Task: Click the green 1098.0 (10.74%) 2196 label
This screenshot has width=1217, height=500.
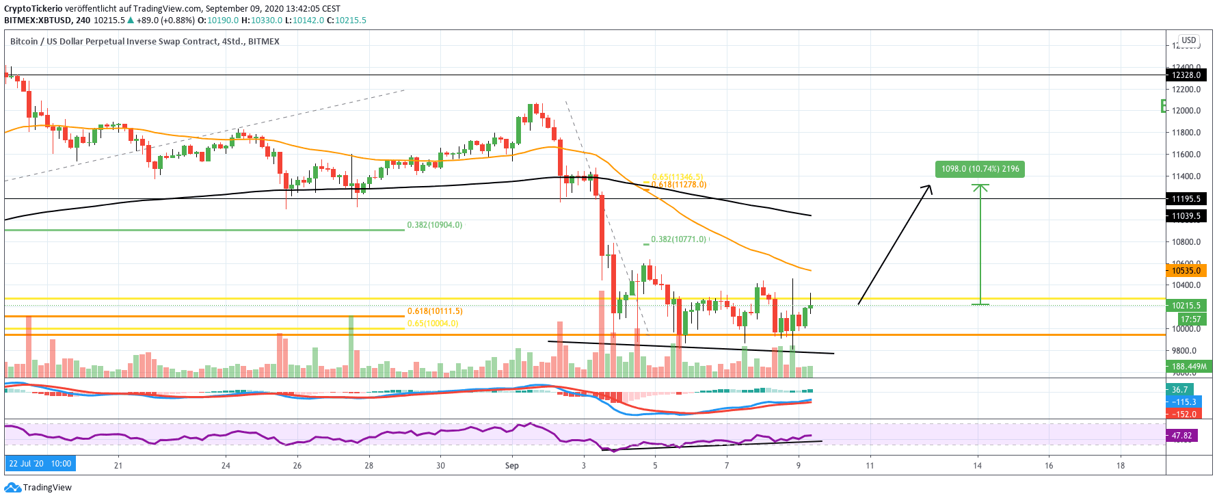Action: click(980, 169)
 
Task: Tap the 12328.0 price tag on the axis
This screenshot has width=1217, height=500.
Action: click(1186, 75)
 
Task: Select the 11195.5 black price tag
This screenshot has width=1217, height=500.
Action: click(1186, 199)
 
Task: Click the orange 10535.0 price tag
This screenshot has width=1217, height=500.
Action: click(1186, 271)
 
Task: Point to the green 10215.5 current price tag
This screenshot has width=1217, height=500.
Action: click(1186, 306)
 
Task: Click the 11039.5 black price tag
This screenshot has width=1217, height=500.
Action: click(1186, 216)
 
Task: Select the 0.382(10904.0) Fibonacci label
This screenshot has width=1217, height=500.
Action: click(434, 225)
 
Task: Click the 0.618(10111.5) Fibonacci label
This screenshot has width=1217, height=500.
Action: click(435, 311)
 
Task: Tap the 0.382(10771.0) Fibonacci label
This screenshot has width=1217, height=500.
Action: click(678, 239)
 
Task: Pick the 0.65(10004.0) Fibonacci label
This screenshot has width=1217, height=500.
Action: click(433, 324)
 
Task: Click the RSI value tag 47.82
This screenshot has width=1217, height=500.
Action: click(1181, 436)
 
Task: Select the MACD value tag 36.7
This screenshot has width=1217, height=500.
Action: click(1180, 390)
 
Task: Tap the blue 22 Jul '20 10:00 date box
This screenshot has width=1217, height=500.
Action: click(40, 464)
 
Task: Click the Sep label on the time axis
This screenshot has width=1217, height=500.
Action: click(511, 466)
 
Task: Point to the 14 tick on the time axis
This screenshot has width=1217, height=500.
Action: click(978, 466)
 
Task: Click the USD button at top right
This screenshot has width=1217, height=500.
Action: click(1189, 40)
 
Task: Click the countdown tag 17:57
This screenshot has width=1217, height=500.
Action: click(1190, 319)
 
